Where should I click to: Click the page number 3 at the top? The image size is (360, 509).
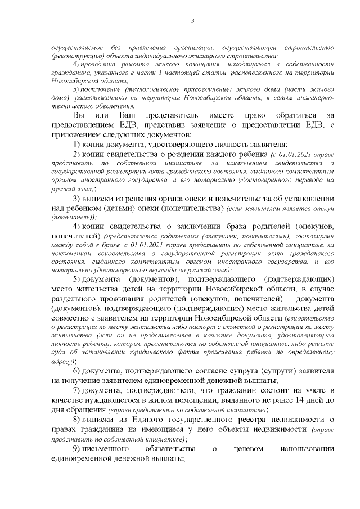[x=192, y=21]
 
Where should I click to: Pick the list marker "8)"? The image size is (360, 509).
[x=77, y=420]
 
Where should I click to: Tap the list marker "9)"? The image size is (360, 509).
[x=77, y=449]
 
